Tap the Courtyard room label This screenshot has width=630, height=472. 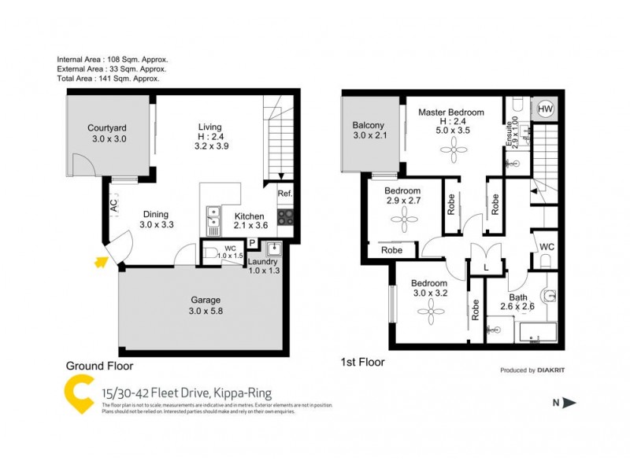(x=107, y=133)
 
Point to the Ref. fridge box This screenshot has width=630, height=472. (x=284, y=194)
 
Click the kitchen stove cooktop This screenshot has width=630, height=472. (x=285, y=216)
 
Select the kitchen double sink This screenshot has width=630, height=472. (x=213, y=217)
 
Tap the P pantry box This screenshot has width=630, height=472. (x=252, y=243)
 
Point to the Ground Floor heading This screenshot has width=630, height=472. (x=99, y=366)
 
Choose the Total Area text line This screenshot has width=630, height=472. (x=109, y=79)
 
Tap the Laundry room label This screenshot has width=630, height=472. (x=264, y=262)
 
